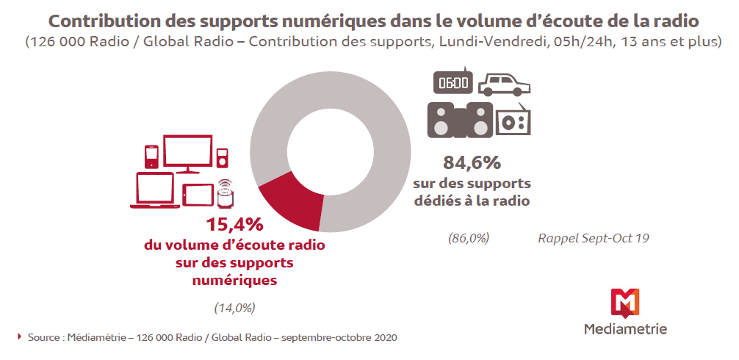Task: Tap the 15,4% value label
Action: point(234,224)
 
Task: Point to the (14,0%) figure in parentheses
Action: point(234,308)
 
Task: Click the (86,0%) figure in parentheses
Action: point(469,238)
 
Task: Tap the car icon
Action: point(504,84)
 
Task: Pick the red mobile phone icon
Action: point(151,156)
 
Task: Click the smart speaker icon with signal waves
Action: point(226,193)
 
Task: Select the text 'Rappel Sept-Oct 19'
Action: point(594,238)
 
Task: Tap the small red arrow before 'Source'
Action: point(19,336)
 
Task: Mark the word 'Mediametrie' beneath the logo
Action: point(625,328)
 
